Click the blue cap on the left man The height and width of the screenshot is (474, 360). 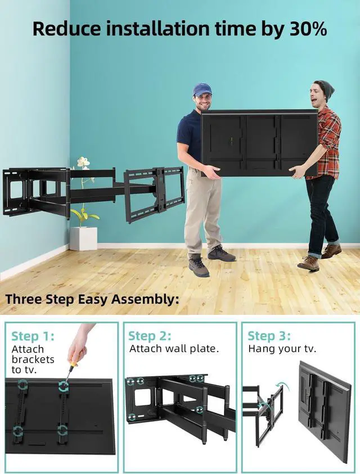tap(202, 89)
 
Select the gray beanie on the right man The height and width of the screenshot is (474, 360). tap(324, 89)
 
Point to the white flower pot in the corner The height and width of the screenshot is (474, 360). tap(83, 238)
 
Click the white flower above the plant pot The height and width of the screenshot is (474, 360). tap(83, 162)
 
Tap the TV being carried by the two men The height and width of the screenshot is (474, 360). tap(259, 143)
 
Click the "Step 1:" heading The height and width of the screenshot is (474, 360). tap(33, 336)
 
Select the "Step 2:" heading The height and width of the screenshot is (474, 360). tap(150, 336)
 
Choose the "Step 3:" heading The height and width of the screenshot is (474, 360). tap(269, 336)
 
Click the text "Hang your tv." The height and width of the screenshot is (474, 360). tap(282, 349)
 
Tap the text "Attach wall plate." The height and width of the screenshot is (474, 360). tap(174, 349)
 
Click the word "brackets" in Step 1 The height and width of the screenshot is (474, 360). tap(33, 359)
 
